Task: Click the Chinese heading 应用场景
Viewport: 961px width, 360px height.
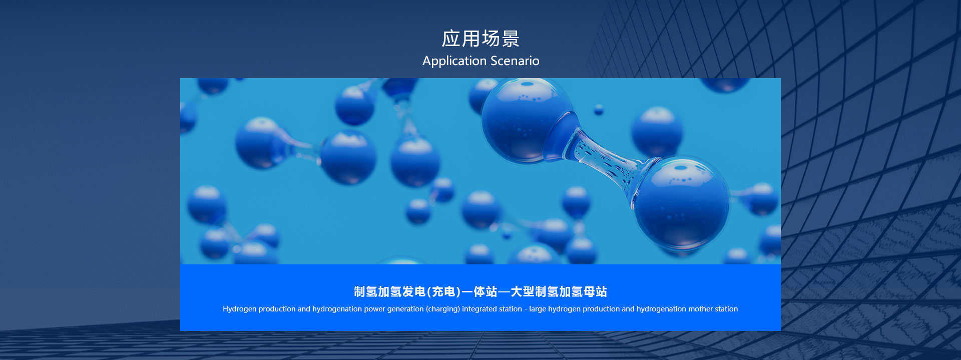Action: coord(480,39)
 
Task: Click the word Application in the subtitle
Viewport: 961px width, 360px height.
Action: coord(454,61)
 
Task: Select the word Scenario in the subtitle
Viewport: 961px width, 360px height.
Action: coord(515,61)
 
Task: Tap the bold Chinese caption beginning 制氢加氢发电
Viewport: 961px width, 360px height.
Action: coord(480,291)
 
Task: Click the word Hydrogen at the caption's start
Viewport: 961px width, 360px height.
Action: coord(239,309)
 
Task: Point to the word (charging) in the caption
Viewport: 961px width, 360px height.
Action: coord(443,309)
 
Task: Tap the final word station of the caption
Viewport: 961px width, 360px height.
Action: coord(726,309)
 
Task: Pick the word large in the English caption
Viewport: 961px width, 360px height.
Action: coord(538,309)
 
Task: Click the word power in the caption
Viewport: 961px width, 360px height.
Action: coord(374,309)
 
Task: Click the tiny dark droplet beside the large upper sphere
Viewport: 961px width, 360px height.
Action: coord(599,110)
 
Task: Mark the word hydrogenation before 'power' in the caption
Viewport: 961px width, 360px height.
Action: coord(337,309)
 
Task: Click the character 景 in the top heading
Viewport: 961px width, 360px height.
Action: coord(511,39)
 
